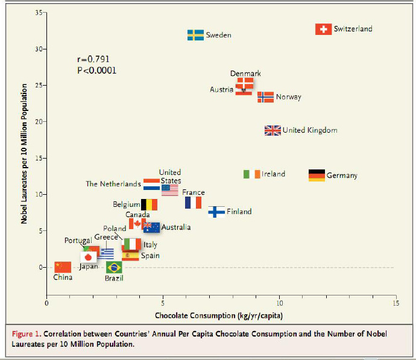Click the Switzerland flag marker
[324, 29]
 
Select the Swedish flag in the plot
[195, 35]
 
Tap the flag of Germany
[317, 175]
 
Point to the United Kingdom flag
[273, 130]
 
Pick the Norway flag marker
[265, 97]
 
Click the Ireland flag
[251, 174]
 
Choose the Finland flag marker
[216, 212]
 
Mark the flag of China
[63, 267]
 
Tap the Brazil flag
[114, 267]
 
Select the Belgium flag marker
[149, 205]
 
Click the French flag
[193, 203]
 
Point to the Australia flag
[151, 227]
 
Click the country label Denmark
[245, 74]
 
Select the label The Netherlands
[113, 184]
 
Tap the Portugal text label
[77, 241]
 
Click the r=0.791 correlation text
[94, 59]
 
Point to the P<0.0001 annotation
[97, 71]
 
